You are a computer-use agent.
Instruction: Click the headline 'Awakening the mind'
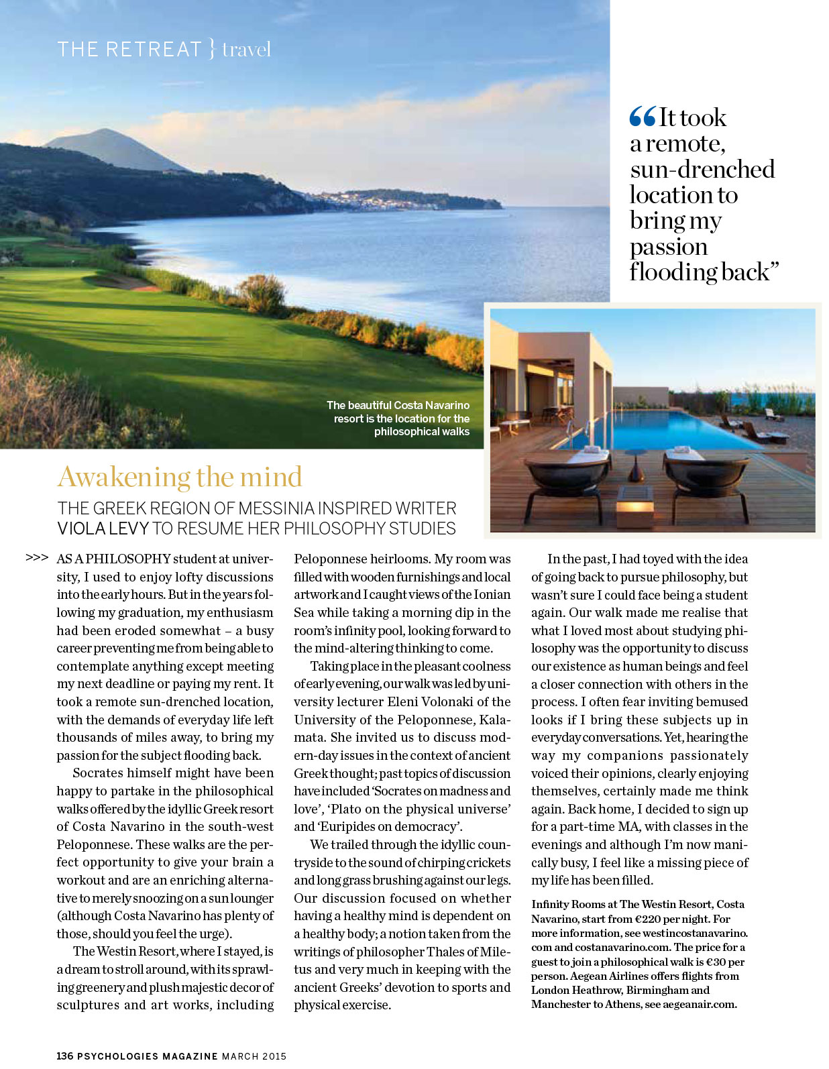click(x=180, y=477)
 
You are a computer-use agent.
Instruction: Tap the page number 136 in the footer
click(x=65, y=1056)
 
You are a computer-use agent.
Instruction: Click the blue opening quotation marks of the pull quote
click(x=642, y=117)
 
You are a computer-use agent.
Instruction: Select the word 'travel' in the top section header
click(x=246, y=50)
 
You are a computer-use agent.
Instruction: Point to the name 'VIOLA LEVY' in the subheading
click(x=103, y=528)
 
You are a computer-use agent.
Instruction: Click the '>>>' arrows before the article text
click(x=37, y=557)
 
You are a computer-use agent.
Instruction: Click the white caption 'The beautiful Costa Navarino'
click(x=398, y=405)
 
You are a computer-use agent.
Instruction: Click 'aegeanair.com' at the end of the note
click(x=700, y=1004)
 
